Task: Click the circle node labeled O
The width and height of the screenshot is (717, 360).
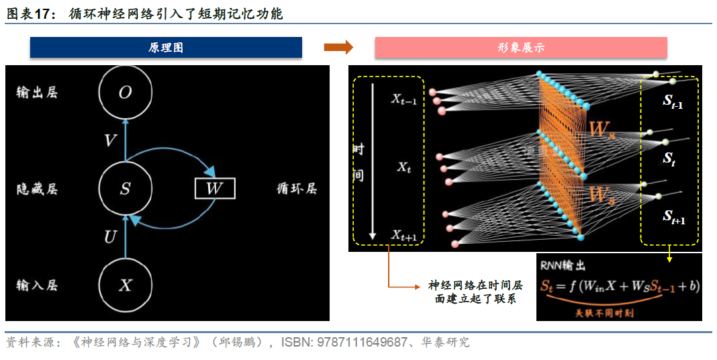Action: [x=125, y=93]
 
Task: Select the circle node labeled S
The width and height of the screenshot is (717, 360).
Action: [x=125, y=189]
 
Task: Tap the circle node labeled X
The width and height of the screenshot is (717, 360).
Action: [x=125, y=285]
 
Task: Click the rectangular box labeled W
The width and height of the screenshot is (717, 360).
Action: [x=214, y=189]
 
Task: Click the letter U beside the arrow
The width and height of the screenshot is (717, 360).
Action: [x=111, y=237]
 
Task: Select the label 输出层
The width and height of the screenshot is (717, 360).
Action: [x=37, y=93]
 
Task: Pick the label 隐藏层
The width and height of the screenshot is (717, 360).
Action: [x=37, y=189]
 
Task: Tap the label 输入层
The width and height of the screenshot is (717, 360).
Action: [x=37, y=285]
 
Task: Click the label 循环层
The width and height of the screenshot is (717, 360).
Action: [x=297, y=189]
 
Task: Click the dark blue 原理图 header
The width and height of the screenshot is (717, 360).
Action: [x=166, y=48]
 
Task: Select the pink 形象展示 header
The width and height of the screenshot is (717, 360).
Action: [x=520, y=48]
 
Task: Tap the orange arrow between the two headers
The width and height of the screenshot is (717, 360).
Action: [x=338, y=48]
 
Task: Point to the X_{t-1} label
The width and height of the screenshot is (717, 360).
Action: [x=404, y=100]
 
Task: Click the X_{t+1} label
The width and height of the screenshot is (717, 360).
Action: [x=404, y=236]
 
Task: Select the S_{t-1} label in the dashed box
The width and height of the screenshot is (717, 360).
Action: [x=673, y=101]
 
